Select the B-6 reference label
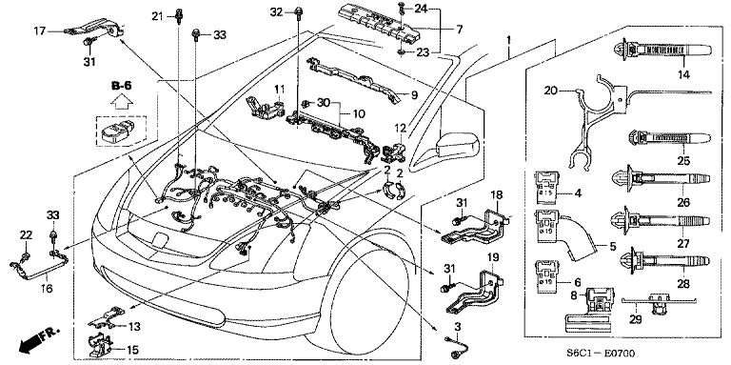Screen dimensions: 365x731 point(120,87)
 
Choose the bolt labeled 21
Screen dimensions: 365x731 point(178,30)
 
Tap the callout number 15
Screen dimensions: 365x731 point(131,350)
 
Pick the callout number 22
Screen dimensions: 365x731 point(27,235)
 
